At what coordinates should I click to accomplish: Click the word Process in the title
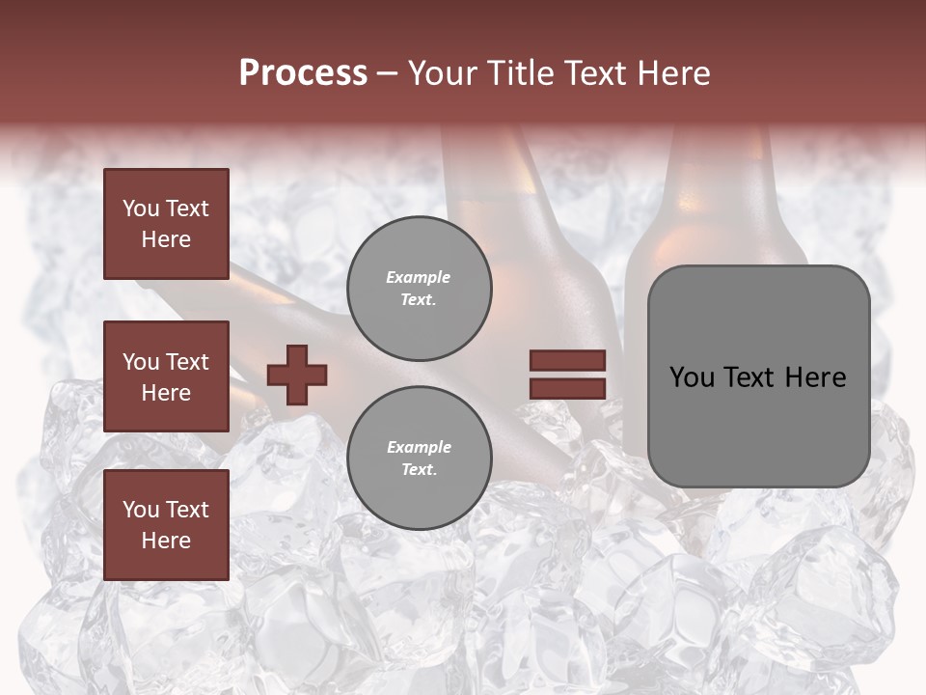[303, 73]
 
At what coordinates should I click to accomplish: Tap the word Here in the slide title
[672, 73]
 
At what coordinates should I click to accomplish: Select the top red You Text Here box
[166, 224]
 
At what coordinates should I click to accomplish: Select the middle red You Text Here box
[166, 376]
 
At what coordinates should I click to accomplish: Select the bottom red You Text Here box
[166, 524]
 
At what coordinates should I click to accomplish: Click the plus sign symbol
[297, 375]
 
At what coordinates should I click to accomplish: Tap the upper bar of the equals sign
[567, 361]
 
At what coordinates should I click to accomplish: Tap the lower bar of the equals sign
[567, 388]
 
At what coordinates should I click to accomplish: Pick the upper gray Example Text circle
[420, 289]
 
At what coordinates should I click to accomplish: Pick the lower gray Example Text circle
[420, 459]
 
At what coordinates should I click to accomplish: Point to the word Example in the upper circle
[418, 278]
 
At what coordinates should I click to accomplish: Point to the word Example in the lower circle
[418, 447]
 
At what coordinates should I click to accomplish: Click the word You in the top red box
[140, 208]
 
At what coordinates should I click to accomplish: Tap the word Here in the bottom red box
[166, 541]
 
